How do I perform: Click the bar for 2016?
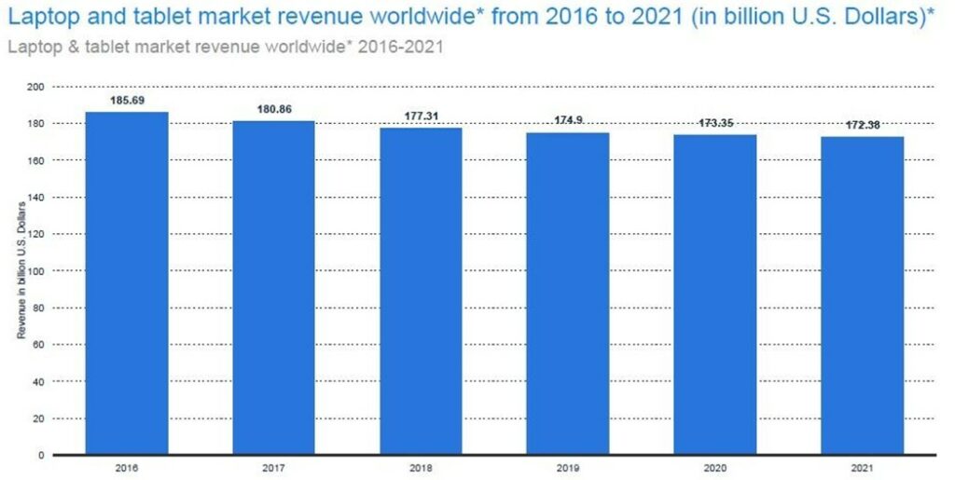pos(128,283)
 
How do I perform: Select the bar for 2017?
pos(274,288)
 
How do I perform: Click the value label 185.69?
pos(128,99)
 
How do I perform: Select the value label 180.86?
pos(274,109)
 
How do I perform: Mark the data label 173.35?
pos(715,123)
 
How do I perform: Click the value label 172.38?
pos(863,125)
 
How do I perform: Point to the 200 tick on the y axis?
pos(37,87)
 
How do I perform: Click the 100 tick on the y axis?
pos(37,271)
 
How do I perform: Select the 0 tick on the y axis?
pos(42,455)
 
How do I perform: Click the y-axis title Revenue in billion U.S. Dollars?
pos(21,270)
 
